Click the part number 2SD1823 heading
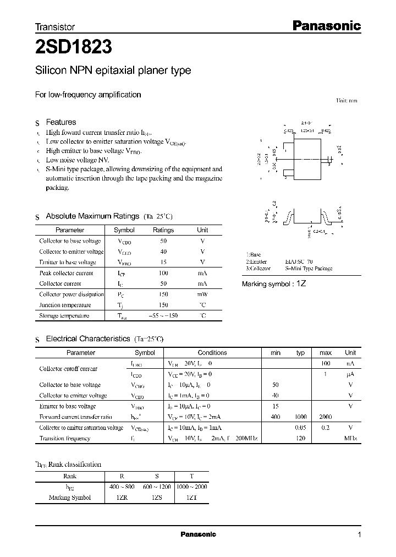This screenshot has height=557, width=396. coord(74,47)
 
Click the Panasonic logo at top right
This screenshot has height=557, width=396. coord(326,25)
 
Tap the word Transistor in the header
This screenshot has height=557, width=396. coord(55,26)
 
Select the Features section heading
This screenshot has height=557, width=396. coord(61,122)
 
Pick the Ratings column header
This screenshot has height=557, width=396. coord(163,230)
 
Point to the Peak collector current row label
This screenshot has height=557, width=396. coord(67,273)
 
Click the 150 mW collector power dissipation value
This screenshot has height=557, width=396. coord(163,294)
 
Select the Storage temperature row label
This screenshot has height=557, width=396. coord(64,316)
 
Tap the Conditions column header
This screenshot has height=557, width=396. coord(212,353)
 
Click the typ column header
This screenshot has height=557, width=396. coord(300,353)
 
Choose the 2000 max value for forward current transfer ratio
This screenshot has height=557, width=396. coord(326,417)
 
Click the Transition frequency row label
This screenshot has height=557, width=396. coord(65,438)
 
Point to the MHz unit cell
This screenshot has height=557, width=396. coord(350,438)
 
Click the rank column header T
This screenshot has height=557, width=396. coord(191,476)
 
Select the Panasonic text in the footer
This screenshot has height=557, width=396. coord(198,534)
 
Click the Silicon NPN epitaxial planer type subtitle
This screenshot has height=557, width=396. coord(113,70)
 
